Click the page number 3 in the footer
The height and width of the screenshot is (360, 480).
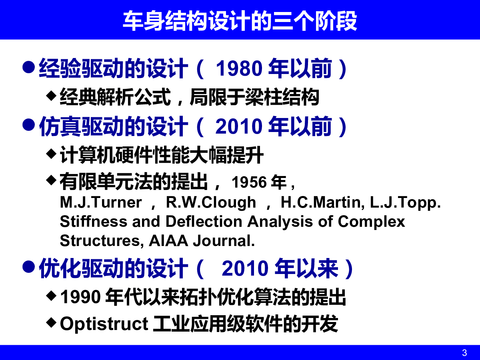click(464, 353)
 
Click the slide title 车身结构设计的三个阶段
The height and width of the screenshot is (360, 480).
click(240, 21)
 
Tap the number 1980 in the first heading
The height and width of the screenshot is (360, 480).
click(239, 68)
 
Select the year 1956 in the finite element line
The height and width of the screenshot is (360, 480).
click(249, 182)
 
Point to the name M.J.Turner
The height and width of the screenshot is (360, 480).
click(101, 202)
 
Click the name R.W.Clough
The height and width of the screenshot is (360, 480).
click(211, 202)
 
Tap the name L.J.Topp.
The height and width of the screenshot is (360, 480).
click(405, 203)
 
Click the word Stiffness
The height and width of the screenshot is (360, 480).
click(94, 222)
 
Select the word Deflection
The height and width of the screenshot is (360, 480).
click(204, 222)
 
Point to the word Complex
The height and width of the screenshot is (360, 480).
click(371, 222)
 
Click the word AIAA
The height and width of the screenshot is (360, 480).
click(168, 241)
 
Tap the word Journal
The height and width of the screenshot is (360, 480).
click(224, 241)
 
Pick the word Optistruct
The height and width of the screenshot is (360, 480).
click(104, 324)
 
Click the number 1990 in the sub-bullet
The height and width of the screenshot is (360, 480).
click(80, 297)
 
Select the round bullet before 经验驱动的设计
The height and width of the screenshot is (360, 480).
click(29, 67)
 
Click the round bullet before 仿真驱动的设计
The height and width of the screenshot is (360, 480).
click(29, 125)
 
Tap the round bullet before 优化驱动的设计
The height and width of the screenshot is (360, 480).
click(29, 267)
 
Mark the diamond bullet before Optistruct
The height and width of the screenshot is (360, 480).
click(51, 322)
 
